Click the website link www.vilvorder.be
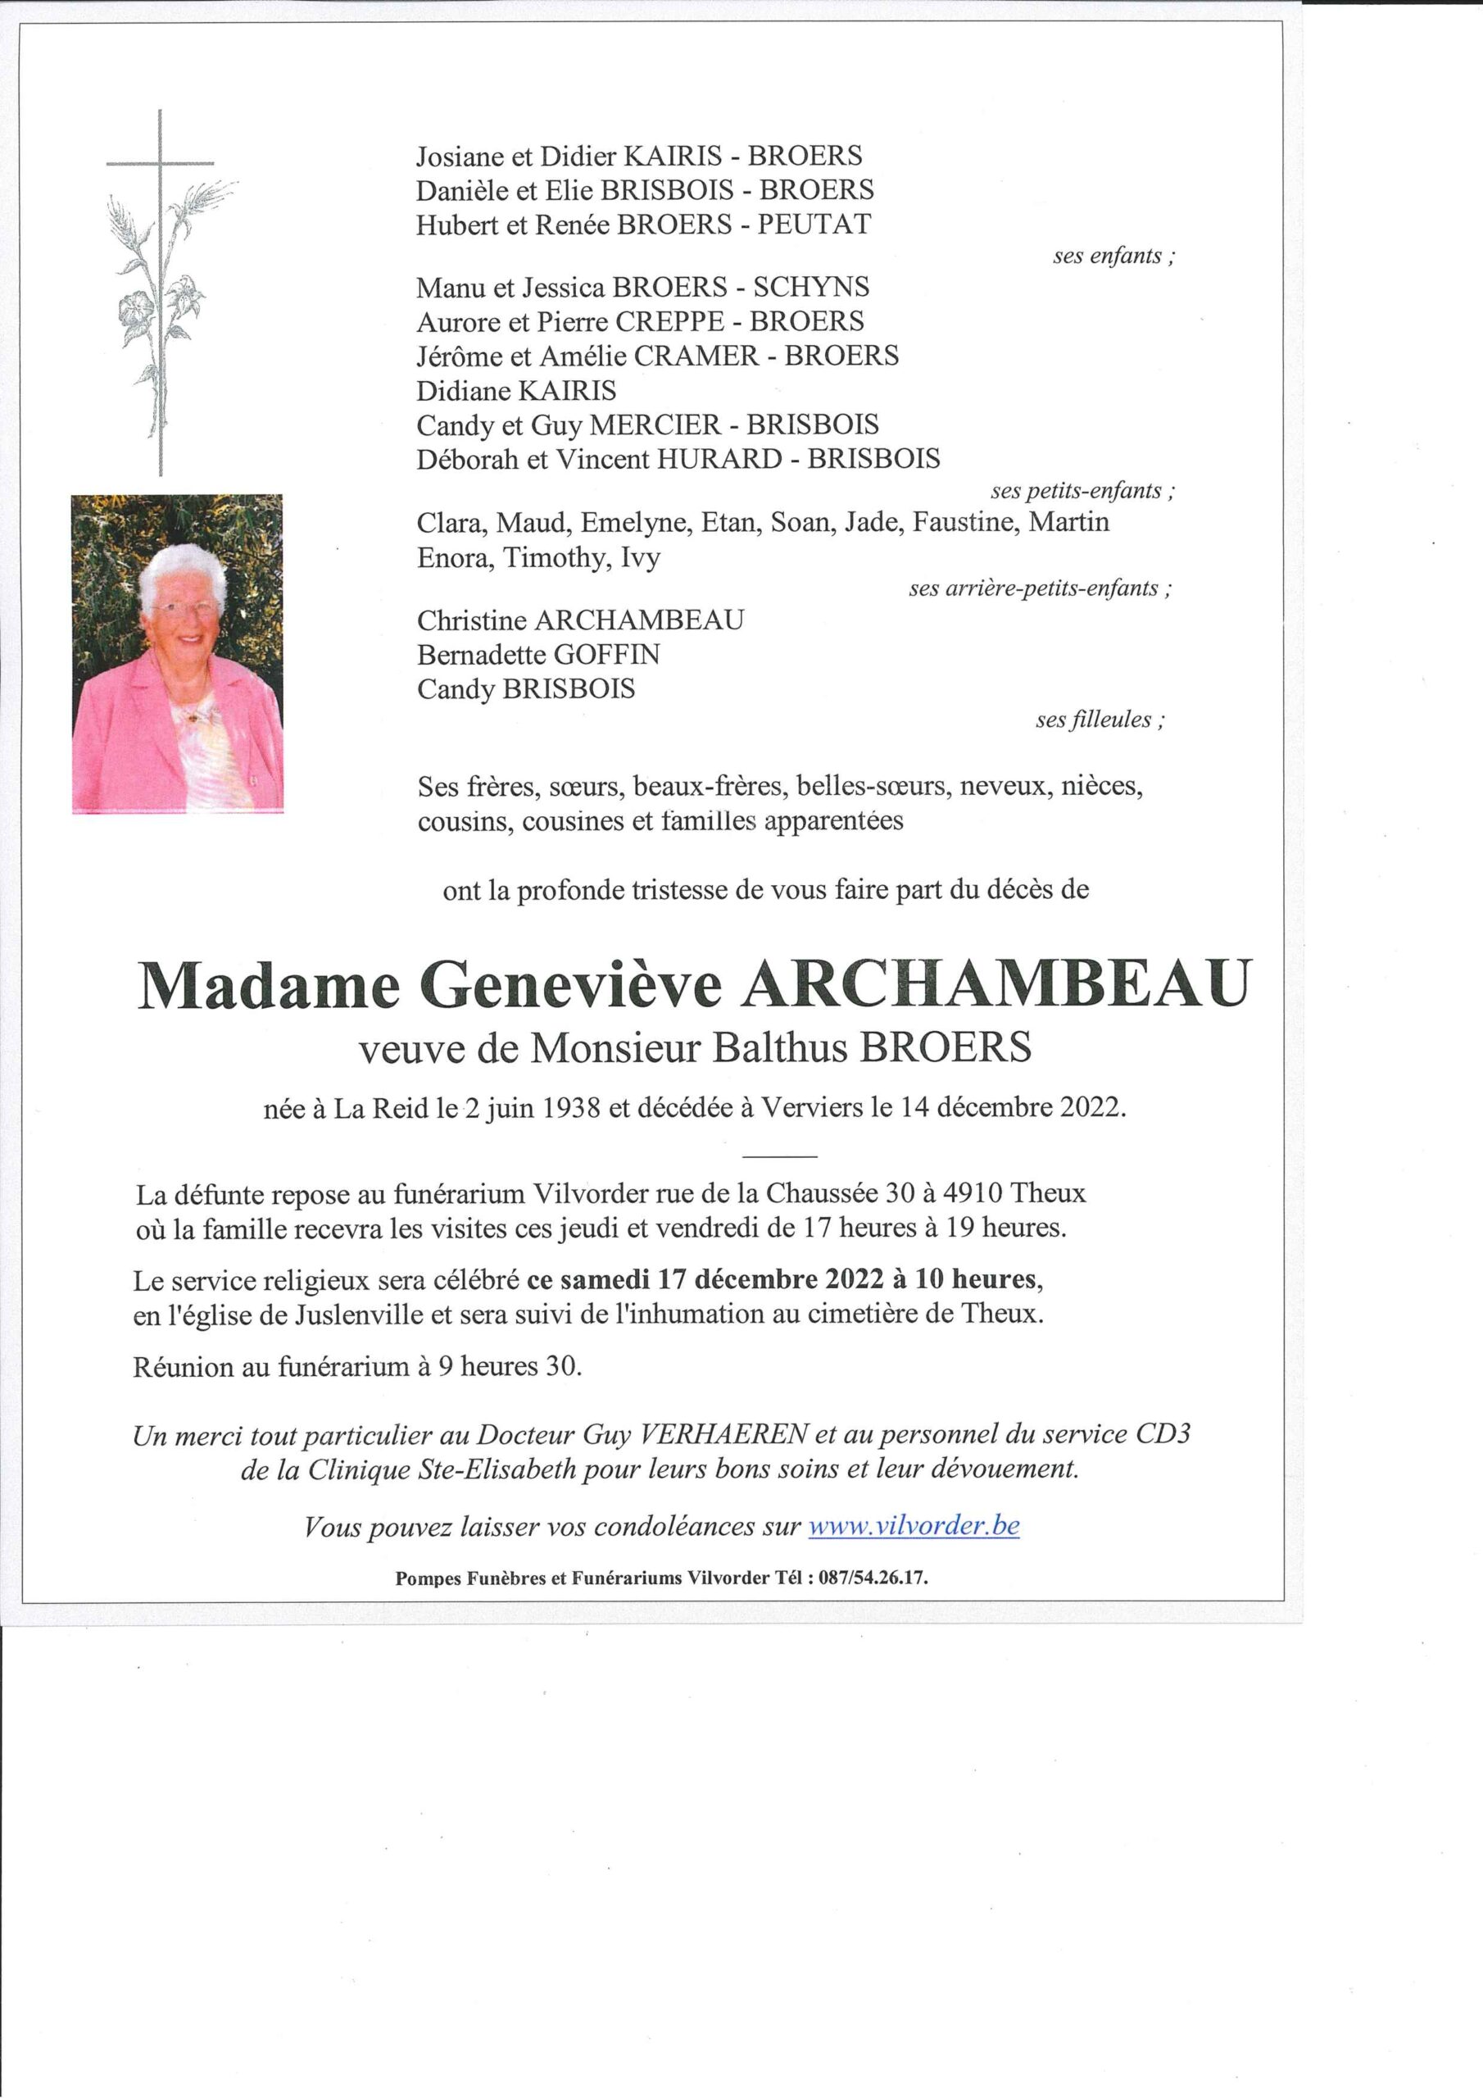[x=914, y=1526]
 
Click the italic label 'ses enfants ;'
[x=1113, y=257]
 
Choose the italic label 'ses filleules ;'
[x=1100, y=720]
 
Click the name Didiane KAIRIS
[x=516, y=391]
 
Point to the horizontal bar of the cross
[x=160, y=164]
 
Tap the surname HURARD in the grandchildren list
[x=719, y=458]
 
